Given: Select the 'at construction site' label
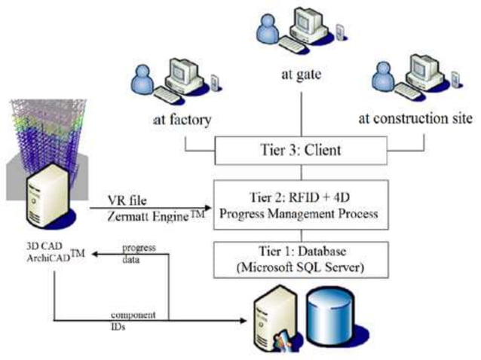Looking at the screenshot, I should coord(415,120).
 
